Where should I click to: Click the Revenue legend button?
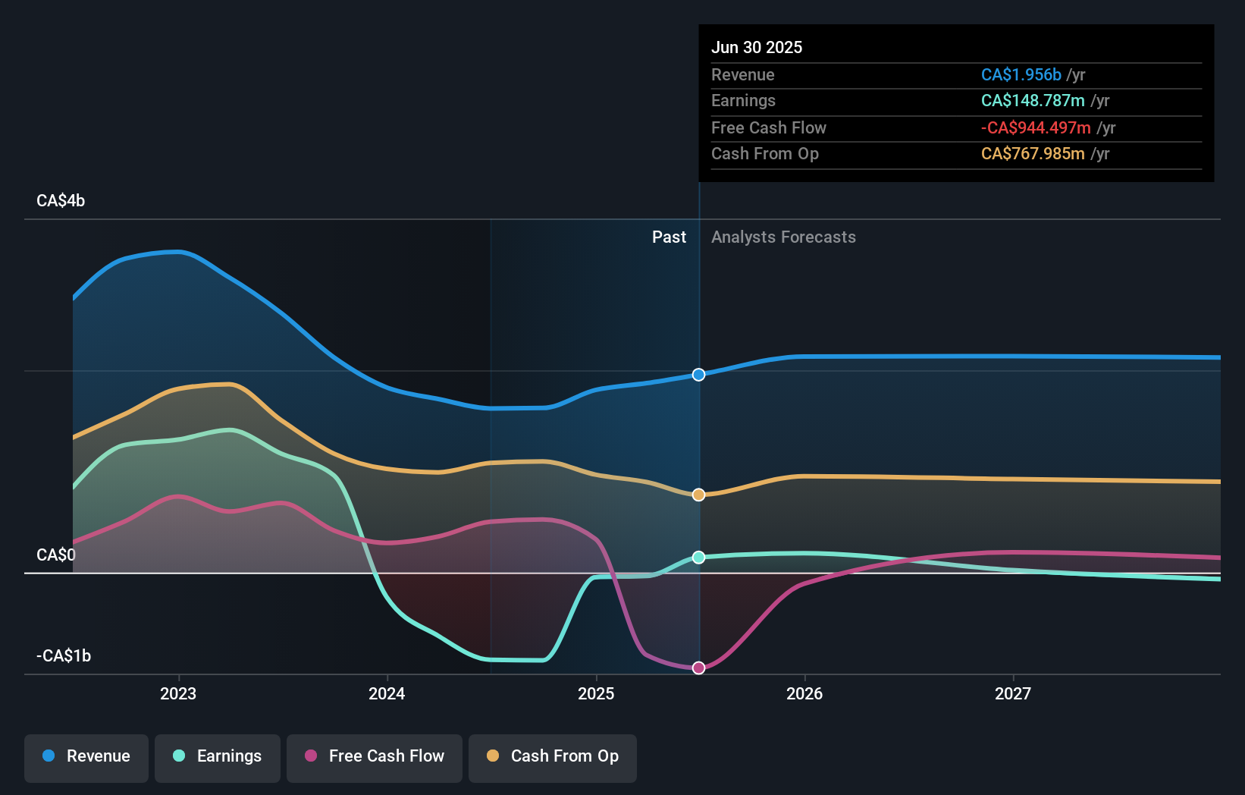86,756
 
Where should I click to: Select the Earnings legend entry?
218,756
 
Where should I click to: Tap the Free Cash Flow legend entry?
375,756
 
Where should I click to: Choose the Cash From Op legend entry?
553,756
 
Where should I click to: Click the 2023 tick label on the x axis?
178,693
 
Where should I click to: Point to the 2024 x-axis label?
387,693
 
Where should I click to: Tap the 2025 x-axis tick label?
596,693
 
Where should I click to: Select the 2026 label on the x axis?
804,693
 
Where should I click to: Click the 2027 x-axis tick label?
1013,693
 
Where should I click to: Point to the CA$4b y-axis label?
61,201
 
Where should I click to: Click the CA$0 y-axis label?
56,555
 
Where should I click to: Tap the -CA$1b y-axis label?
64,655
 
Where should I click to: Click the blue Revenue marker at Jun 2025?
699,375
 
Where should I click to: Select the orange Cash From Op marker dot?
699,495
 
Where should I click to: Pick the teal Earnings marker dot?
699,558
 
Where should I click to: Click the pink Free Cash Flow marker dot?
699,668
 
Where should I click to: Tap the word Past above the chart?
669,237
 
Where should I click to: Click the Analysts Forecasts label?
783,237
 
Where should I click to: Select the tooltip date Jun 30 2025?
757,47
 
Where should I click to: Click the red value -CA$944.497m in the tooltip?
1036,127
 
